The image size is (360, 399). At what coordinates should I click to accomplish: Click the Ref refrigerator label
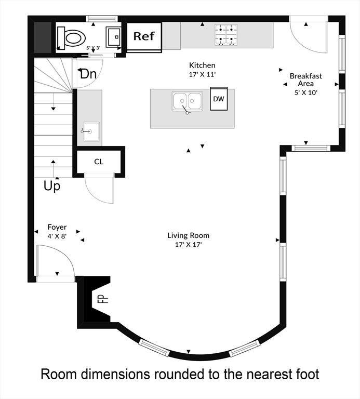144,36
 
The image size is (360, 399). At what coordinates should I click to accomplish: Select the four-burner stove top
225,35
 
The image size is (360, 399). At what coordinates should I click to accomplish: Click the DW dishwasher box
219,99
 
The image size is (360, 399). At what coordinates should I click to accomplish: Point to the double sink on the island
188,101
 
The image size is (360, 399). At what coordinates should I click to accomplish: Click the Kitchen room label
202,65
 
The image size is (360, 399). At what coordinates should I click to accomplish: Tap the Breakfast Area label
305,79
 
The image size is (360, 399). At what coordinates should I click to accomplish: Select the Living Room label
188,235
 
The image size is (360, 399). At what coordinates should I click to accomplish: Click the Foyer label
57,227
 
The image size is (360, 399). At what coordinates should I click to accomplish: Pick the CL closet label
99,162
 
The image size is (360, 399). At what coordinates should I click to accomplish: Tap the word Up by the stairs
52,186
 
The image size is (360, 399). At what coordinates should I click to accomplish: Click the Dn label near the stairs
88,74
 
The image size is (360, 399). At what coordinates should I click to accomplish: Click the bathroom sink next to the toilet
113,37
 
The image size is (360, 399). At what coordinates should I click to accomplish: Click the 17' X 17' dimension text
188,244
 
